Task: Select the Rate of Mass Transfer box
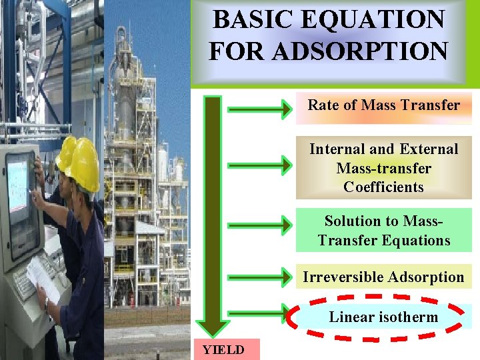[x=383, y=105]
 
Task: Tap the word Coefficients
[x=383, y=187]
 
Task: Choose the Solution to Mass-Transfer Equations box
[x=383, y=231]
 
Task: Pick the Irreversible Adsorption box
[x=383, y=277]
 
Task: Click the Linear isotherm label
[x=383, y=317]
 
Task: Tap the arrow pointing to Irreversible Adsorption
[x=260, y=275]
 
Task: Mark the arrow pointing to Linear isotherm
[x=260, y=313]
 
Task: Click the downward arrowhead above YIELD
[x=213, y=326]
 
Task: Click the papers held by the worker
[x=44, y=277]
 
